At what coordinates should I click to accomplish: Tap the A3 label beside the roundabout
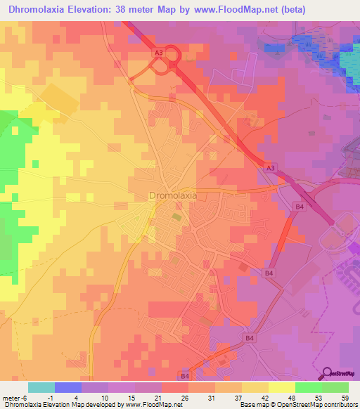pyautogui.click(x=159, y=52)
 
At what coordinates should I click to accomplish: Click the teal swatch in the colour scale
pyautogui.click(x=41, y=388)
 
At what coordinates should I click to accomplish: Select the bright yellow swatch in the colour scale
pyautogui.click(x=281, y=388)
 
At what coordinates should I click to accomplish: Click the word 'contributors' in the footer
pyautogui.click(x=340, y=405)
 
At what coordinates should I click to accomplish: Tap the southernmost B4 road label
pyautogui.click(x=185, y=377)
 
